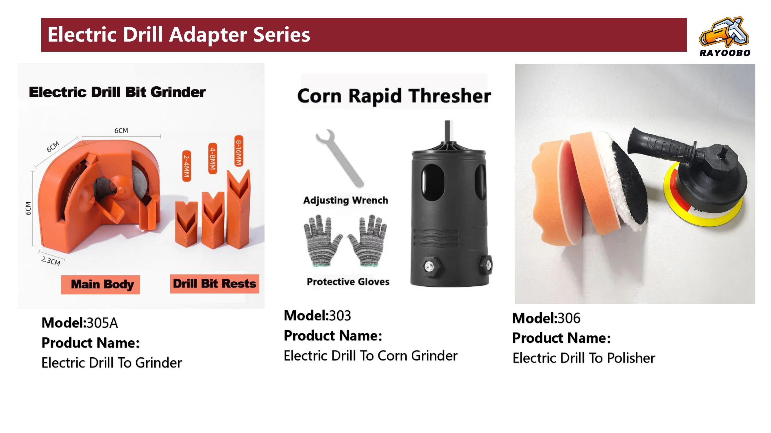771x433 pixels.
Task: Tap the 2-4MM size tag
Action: pos(186,166)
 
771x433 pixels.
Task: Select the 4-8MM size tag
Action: pos(212,158)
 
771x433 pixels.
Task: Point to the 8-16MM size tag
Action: pos(238,151)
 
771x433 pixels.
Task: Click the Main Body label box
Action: pos(101,285)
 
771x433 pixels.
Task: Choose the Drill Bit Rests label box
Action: pos(215,283)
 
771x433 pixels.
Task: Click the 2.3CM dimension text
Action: pos(51,261)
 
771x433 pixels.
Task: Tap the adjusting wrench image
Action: pos(339,158)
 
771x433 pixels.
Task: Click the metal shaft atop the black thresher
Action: pos(448,131)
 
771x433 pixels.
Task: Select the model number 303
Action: pos(340,316)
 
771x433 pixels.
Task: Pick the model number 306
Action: pos(569,318)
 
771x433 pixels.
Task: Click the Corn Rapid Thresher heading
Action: pos(394,96)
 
